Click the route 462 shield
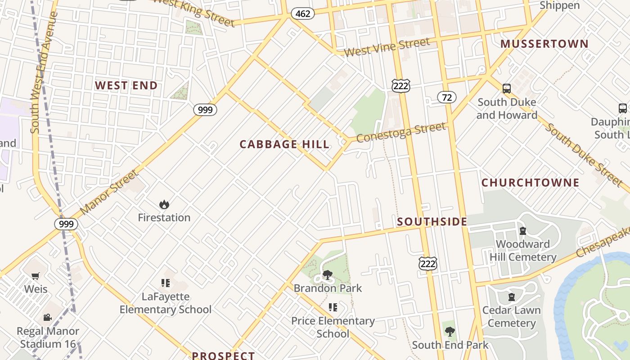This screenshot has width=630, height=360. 303,13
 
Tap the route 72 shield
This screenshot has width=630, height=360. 446,97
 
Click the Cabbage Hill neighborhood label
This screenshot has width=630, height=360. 284,144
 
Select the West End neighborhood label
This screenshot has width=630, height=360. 126,85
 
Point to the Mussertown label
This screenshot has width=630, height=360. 544,44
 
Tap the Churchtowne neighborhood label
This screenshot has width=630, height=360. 530,183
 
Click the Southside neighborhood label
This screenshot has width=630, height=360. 432,221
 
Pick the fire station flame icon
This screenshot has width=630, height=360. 164,205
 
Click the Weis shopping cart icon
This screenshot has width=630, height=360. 36,276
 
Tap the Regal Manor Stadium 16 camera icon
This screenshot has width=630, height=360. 47,318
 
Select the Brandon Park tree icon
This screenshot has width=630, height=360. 328,275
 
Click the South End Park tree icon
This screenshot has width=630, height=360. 450,332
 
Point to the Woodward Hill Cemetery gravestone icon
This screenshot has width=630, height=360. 523,231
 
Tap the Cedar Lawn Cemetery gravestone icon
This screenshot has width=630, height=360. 512,297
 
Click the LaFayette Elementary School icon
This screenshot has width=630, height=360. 165,283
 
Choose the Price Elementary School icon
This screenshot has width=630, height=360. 333,307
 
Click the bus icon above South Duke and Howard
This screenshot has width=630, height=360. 507,89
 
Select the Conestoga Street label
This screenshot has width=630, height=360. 401,132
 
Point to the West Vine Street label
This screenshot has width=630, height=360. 387,47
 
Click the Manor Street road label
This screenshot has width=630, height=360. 110,192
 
